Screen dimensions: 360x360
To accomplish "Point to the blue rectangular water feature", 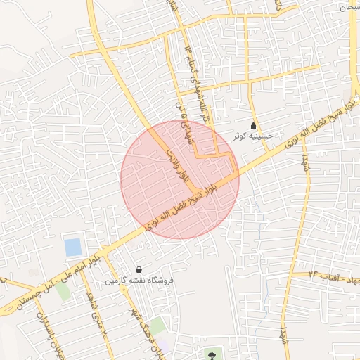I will [72, 247].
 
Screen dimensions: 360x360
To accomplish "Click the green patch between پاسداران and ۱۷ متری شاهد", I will [64, 290].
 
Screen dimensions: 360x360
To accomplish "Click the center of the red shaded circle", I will [180, 179].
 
